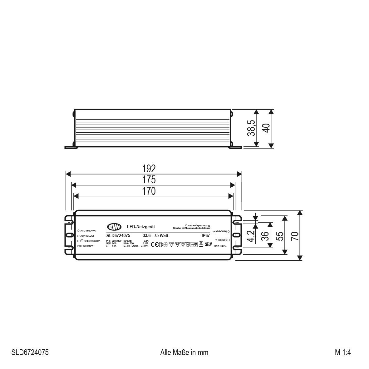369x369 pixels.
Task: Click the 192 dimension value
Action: click(149, 169)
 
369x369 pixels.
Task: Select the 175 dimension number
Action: click(149, 180)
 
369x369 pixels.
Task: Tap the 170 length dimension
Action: click(149, 191)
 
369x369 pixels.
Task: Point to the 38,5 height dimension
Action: click(251, 128)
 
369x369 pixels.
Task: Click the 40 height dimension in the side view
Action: click(266, 128)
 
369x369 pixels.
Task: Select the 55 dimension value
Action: click(280, 235)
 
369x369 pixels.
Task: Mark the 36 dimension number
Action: click(265, 236)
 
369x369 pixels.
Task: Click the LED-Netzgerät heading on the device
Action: click(141, 227)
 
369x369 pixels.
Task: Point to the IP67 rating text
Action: click(206, 236)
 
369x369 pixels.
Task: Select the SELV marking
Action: click(209, 244)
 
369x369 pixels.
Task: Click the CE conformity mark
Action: click(154, 244)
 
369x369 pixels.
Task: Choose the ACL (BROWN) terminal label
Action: click(88, 230)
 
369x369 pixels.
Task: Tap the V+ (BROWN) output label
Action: click(220, 231)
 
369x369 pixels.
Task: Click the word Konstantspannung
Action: click(197, 225)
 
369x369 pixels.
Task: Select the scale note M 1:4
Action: click(343, 352)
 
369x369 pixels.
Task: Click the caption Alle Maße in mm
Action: click(184, 352)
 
